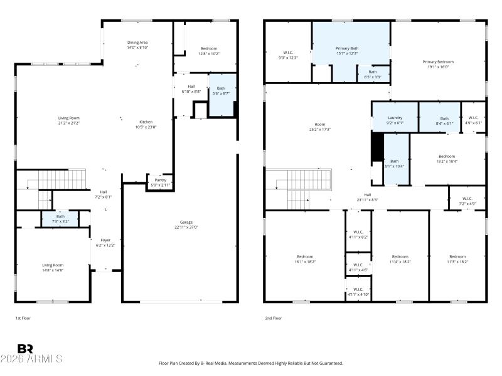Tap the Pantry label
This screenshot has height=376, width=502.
pyautogui.click(x=160, y=180)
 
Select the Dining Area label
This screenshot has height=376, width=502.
pyautogui.click(x=137, y=42)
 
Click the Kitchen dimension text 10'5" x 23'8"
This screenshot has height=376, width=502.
pyautogui.click(x=146, y=127)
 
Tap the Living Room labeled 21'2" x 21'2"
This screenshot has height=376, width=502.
pyautogui.click(x=69, y=118)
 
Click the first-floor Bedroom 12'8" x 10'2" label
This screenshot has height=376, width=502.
pyautogui.click(x=208, y=48)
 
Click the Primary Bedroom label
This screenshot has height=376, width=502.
pyautogui.click(x=437, y=62)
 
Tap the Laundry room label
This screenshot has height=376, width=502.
pyautogui.click(x=395, y=118)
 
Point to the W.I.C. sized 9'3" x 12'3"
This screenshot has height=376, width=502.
pyautogui.click(x=289, y=52)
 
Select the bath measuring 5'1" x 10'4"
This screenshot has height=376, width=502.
pyautogui.click(x=395, y=161)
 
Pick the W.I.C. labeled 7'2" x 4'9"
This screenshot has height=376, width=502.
pyautogui.click(x=467, y=199)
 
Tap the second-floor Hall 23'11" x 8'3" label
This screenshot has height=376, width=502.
pyautogui.click(x=368, y=194)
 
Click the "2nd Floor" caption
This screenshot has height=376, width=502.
pyautogui.click(x=273, y=318)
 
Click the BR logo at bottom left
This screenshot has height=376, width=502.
pyautogui.click(x=25, y=348)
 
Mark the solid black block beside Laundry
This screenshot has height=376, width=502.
pyautogui.click(x=377, y=149)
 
